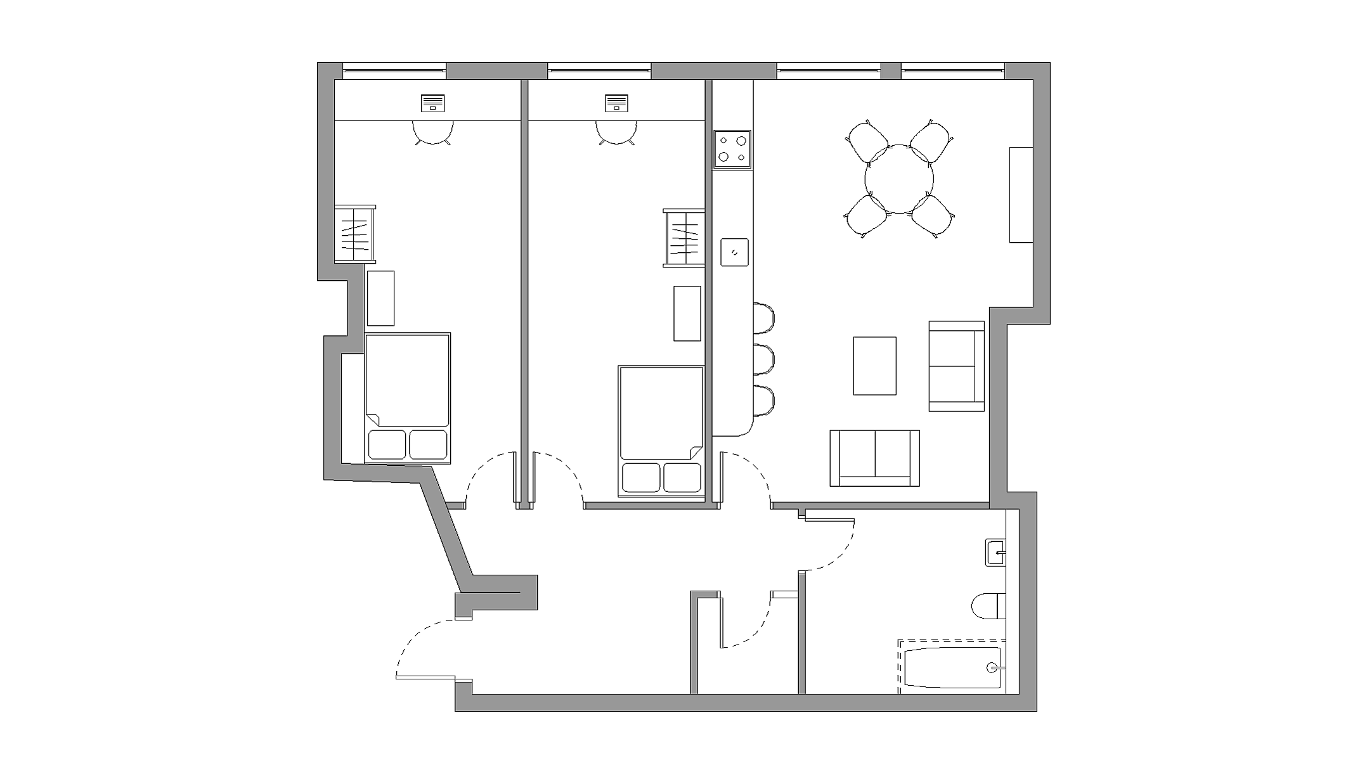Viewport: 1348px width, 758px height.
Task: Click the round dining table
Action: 899,179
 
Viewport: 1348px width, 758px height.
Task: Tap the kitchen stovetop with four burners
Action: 732,149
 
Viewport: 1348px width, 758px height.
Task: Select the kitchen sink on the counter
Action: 734,252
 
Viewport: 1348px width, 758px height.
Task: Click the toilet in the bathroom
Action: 987,605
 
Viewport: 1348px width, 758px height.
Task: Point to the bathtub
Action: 951,667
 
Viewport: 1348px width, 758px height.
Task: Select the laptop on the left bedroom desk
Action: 433,103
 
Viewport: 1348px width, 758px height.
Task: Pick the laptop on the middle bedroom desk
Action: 616,103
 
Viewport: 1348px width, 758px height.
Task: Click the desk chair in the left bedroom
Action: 433,132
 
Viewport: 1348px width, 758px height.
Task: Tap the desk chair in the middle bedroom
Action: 616,132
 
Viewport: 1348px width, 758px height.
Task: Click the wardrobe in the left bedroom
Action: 355,234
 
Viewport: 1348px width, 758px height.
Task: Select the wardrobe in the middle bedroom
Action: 684,238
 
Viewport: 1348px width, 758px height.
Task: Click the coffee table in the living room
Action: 874,366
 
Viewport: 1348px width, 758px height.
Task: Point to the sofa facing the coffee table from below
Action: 874,458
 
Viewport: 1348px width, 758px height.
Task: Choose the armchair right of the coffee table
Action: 956,366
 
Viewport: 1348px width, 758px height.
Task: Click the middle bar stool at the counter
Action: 764,359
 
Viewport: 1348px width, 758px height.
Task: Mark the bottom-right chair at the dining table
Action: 933,215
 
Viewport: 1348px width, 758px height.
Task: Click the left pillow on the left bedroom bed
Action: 387,444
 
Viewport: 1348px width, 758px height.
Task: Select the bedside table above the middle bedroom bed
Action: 687,313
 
